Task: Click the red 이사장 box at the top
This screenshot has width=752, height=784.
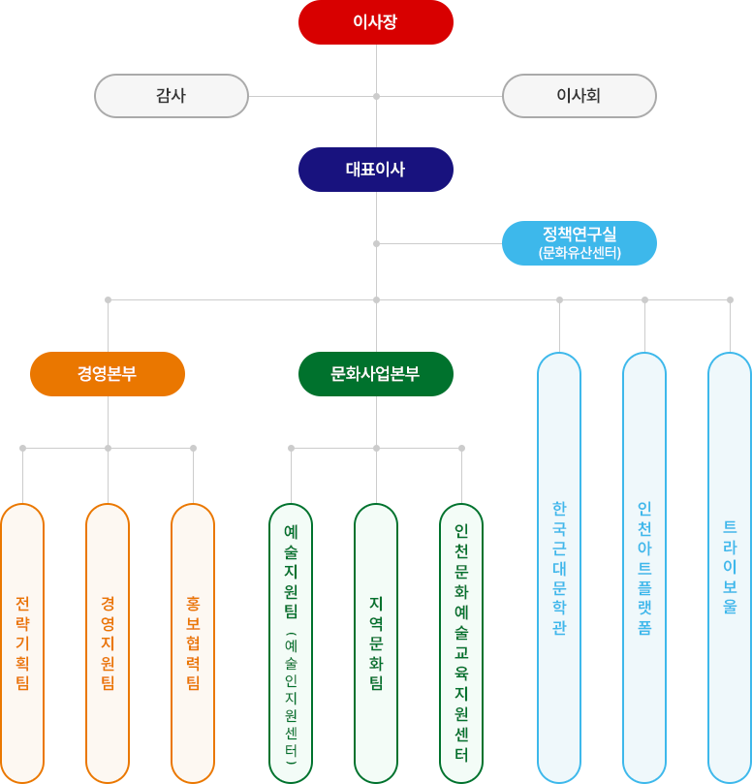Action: tap(376, 22)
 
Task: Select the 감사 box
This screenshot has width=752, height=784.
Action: tap(172, 96)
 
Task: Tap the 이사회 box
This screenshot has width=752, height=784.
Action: tap(579, 96)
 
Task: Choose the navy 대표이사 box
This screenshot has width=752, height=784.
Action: tap(376, 170)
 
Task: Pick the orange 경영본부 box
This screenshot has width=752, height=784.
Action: tap(108, 374)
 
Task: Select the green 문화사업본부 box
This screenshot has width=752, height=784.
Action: tap(376, 374)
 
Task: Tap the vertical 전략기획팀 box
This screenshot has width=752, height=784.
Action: tap(22, 643)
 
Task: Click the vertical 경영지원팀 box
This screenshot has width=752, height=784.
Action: tap(108, 643)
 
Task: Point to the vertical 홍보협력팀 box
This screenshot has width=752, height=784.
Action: tap(193, 643)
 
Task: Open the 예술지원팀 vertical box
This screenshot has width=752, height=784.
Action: tap(291, 643)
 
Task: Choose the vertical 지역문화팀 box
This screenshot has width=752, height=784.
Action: tap(376, 643)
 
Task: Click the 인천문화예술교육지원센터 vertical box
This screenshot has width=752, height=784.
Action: tap(461, 643)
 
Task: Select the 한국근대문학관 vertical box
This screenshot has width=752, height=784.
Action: tap(559, 568)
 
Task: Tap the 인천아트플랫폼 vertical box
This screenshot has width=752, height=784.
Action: tap(644, 568)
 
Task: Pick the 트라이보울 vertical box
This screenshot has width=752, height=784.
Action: tap(730, 568)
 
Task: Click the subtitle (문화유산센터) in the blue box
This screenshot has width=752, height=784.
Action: tap(580, 253)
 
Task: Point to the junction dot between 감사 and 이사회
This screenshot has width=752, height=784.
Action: tap(376, 96)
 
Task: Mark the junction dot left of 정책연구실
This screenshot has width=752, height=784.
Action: tap(376, 243)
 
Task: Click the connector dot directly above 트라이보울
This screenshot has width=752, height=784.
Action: tap(730, 299)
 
